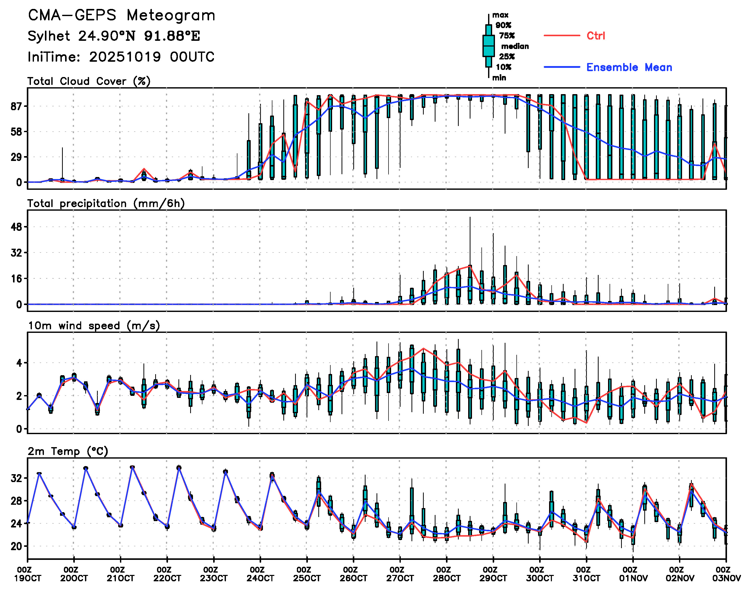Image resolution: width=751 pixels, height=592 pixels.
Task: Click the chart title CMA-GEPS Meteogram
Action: pyautogui.click(x=122, y=16)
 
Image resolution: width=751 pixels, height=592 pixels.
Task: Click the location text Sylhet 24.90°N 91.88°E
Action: pyautogui.click(x=114, y=36)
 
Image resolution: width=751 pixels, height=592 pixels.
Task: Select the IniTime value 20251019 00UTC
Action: pyautogui.click(x=152, y=57)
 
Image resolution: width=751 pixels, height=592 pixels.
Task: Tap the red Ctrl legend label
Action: pyautogui.click(x=596, y=36)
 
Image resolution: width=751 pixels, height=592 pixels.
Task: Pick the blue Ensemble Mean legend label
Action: pyautogui.click(x=629, y=67)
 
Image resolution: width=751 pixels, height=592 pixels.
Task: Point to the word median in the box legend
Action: pyautogui.click(x=515, y=46)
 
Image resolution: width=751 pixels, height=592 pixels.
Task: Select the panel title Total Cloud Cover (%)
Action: pyautogui.click(x=89, y=81)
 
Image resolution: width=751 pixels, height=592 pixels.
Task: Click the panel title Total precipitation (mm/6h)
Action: pyautogui.click(x=106, y=204)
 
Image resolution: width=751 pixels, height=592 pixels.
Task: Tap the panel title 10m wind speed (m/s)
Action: pyautogui.click(x=94, y=326)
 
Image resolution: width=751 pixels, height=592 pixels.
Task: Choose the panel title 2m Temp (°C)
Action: pyautogui.click(x=68, y=451)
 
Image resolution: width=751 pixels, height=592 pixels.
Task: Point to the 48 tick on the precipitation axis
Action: pyautogui.click(x=17, y=227)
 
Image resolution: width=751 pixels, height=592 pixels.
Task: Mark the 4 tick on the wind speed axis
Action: pyautogui.click(x=19, y=363)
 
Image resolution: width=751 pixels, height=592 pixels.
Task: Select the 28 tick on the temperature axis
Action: pyautogui.click(x=17, y=501)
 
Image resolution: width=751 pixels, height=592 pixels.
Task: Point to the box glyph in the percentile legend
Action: pyautogui.click(x=488, y=46)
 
